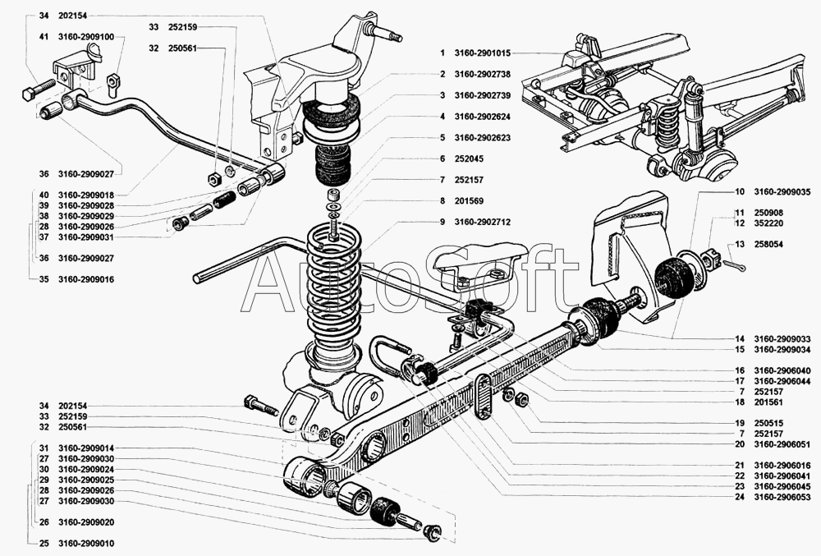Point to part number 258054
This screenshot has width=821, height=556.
pos(769,244)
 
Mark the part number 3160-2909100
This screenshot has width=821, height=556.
pos(85,37)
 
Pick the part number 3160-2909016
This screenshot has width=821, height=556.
pos(85,279)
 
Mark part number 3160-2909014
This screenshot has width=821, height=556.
pos(85,448)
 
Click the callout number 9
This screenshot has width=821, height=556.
pos(441,222)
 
